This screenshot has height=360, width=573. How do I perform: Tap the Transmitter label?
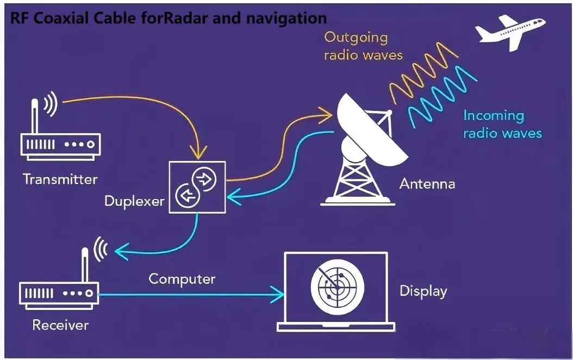(60, 179)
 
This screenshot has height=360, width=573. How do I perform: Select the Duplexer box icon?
(197, 186)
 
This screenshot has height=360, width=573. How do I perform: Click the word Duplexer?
(134, 201)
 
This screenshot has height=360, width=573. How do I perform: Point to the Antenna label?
(427, 184)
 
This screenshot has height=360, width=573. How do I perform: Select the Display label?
(423, 291)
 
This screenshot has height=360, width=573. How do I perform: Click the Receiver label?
(60, 325)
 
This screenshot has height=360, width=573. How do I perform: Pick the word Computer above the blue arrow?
(182, 279)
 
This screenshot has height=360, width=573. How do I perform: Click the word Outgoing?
(356, 38)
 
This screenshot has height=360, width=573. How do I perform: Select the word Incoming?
(494, 116)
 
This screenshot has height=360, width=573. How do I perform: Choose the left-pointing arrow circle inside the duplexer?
(186, 195)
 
